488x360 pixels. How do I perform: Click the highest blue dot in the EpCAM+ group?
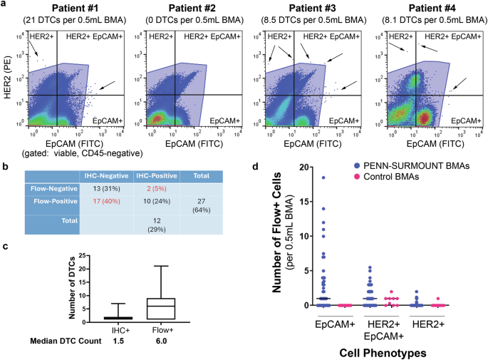[323, 178]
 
